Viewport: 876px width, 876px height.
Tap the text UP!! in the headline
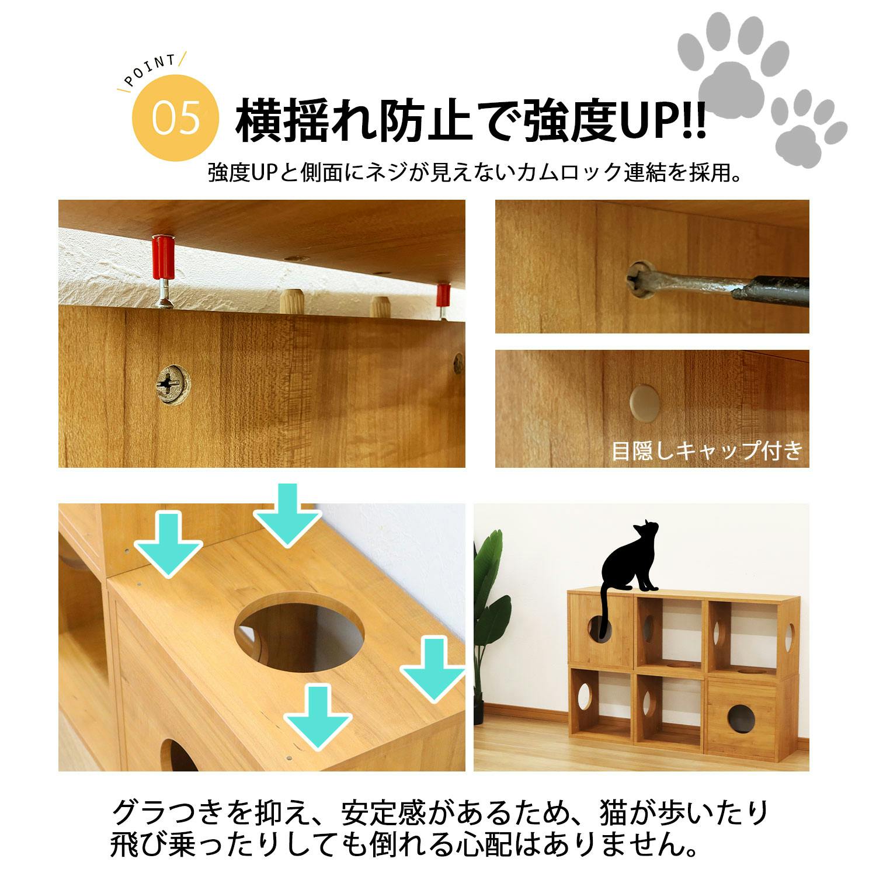(662, 121)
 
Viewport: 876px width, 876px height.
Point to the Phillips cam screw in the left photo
(172, 384)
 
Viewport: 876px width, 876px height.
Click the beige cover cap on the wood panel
(645, 402)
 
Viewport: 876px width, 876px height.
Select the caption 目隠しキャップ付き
(707, 451)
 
